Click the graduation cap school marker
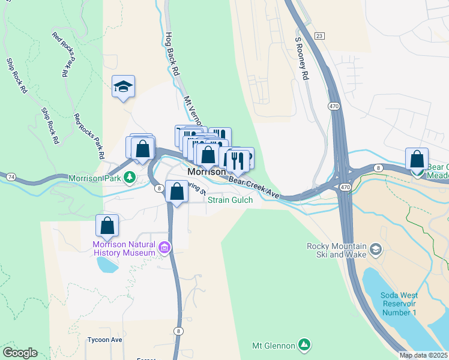pos(123,87)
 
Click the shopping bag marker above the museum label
pos(107,226)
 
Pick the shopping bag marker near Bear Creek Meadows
pos(417,159)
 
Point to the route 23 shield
pos(319,36)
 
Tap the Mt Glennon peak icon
pos(304,345)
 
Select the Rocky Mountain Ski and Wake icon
pos(375,248)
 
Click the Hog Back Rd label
pos(172,54)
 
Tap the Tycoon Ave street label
pos(105,340)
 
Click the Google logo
pos(20,353)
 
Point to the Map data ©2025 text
pos(423,355)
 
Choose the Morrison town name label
pos(206,172)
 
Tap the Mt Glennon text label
pos(274,346)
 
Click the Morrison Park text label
pos(95,178)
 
